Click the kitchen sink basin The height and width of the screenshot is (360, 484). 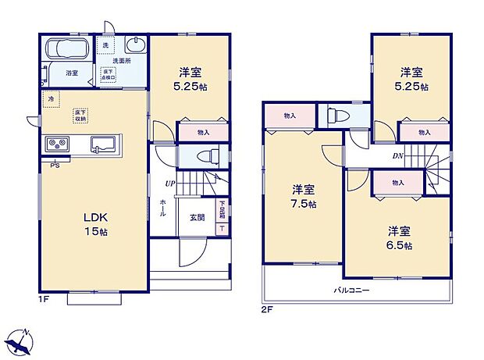pyautogui.click(x=104, y=144)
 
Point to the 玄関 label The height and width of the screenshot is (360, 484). pyautogui.click(x=197, y=218)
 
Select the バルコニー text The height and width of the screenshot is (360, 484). pyautogui.click(x=352, y=290)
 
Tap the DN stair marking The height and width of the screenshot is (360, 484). pyautogui.click(x=398, y=155)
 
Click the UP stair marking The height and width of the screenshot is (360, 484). pyautogui.click(x=169, y=184)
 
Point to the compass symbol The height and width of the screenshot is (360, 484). pyautogui.click(x=20, y=341)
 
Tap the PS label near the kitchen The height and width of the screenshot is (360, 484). pyautogui.click(x=54, y=166)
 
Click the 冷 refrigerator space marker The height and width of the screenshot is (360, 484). pyautogui.click(x=51, y=99)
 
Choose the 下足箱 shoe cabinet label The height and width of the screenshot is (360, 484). pyautogui.click(x=222, y=209)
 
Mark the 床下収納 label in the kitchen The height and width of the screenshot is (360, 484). pyautogui.click(x=80, y=115)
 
